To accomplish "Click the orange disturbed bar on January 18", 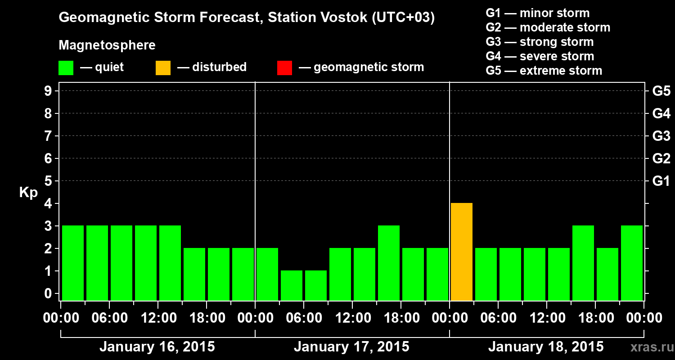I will pos(462,252).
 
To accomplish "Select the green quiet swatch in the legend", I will pos(66,68).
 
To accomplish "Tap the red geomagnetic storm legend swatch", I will pos(284,68).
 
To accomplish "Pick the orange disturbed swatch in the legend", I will pos(163,68).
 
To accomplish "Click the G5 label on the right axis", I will pos(661,91).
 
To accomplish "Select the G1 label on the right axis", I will pos(661,181).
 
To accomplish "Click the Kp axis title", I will pos(28,193).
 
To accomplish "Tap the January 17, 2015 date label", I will pos(351,347).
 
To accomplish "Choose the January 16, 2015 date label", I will pos(157,347).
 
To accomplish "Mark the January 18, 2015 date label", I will pos(546,347).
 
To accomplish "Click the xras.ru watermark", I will pos(648,347).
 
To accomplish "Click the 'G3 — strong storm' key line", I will pos(540,42).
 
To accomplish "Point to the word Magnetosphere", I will pos(107,45).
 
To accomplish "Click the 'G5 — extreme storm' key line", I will pos(544,71).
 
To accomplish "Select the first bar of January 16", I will pos(73,263).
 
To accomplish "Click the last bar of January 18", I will pos(632,263).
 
